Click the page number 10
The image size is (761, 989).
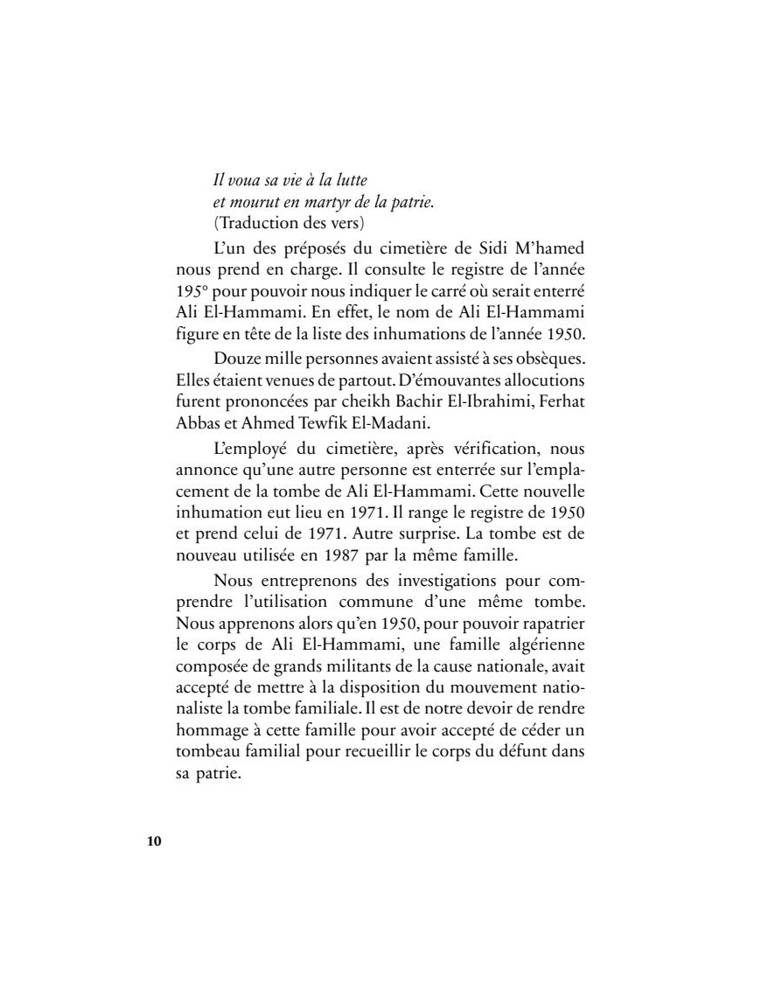point(154,842)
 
